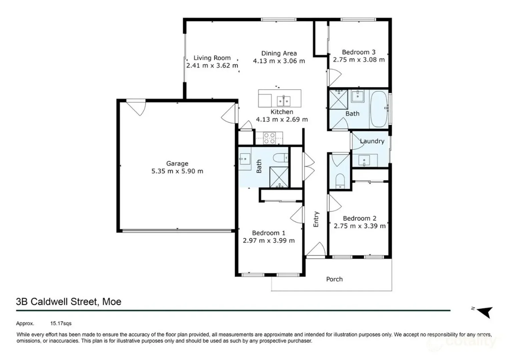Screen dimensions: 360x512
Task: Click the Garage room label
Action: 177,163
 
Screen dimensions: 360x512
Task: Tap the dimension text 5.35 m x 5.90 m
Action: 177,171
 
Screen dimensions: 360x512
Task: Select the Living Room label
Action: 212,58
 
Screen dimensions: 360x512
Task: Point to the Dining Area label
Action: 279,53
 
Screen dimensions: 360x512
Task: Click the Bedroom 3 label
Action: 359,52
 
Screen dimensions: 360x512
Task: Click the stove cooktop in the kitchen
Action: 269,138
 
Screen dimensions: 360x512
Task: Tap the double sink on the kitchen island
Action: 284,100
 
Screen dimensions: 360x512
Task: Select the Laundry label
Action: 372,141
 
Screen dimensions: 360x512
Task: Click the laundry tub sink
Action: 364,160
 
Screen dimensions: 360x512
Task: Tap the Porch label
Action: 334,279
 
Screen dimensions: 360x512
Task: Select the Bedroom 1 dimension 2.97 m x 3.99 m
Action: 269,241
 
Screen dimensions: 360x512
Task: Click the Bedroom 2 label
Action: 360,218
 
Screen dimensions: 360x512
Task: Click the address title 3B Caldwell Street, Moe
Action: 69,302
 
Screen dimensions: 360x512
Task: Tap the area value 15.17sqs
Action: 61,323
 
